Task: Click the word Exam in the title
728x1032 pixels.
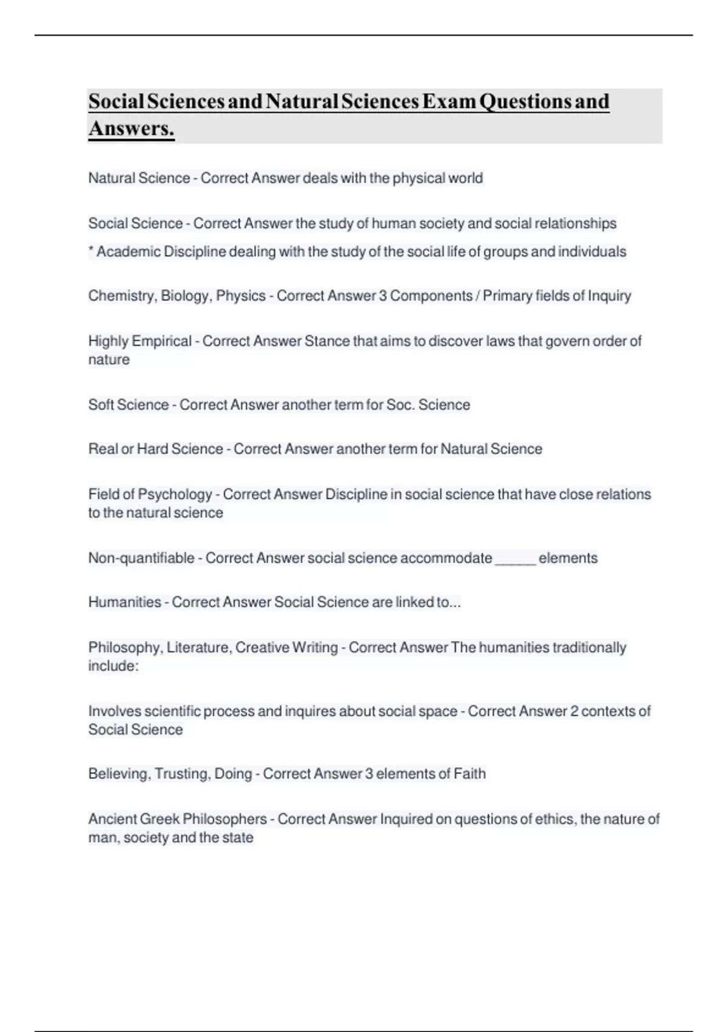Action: (449, 101)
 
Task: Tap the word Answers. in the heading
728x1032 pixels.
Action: (131, 129)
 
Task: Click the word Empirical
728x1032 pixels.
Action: (161, 341)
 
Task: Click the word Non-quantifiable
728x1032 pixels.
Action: (141, 558)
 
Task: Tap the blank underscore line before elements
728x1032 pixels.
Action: (516, 559)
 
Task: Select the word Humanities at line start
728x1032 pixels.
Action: (124, 602)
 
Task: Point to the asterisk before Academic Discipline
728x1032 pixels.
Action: (91, 251)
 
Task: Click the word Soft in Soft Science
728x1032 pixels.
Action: (101, 405)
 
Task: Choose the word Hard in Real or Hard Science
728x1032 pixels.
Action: (152, 449)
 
